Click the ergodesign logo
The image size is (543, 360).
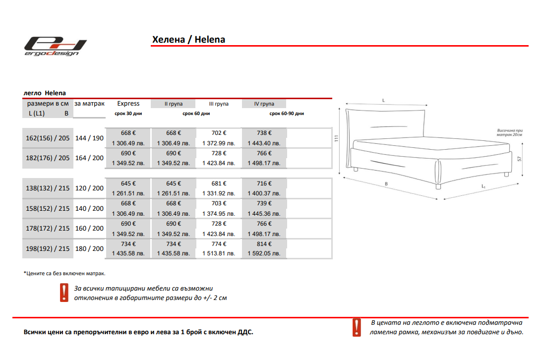coord(56,46)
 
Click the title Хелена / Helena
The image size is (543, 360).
coord(188,40)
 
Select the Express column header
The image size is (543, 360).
coord(128,104)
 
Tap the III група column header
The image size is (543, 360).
coord(219,104)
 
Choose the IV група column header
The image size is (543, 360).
coord(264,104)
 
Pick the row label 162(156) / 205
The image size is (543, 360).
coord(48,138)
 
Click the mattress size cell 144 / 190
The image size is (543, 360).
coord(89,138)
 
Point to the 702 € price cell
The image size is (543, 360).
coord(219,133)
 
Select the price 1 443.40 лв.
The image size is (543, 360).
coord(264,143)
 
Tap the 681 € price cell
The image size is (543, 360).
coord(219,183)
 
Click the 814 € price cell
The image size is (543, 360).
coord(264,244)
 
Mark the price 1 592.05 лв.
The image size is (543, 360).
coord(264,254)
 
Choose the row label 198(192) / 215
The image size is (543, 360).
coord(48,248)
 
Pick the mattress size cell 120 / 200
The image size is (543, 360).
coord(89,188)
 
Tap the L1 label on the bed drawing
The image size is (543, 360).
coord(483,186)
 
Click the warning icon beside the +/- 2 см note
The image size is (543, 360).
coord(64,293)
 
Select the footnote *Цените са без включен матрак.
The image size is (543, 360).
coord(64,273)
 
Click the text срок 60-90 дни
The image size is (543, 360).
coord(287,114)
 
